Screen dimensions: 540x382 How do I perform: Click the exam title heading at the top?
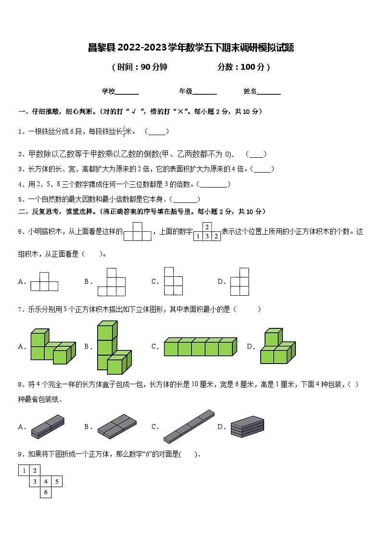[x=191, y=47]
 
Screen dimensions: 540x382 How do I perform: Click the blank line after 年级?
[x=204, y=92]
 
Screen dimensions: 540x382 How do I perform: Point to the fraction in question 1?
[x=124, y=131]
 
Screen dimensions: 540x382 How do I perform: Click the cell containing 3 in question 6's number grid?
[x=207, y=236]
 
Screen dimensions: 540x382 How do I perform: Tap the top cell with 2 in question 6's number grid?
[x=207, y=227]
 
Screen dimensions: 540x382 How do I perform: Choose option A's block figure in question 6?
[x=44, y=282]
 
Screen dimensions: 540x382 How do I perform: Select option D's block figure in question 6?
[x=240, y=282]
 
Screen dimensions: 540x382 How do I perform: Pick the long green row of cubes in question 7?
[x=200, y=347]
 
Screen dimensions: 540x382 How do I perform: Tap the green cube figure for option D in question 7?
[x=277, y=347]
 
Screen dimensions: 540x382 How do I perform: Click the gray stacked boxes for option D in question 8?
[x=247, y=427]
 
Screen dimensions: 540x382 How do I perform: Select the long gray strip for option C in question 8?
[x=189, y=426]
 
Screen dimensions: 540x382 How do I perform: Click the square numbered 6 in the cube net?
[x=46, y=492]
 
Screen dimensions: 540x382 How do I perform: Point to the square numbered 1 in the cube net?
[x=24, y=470]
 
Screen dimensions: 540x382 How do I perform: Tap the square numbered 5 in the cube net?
[x=57, y=481]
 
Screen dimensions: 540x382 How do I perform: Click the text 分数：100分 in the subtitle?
[x=244, y=67]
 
